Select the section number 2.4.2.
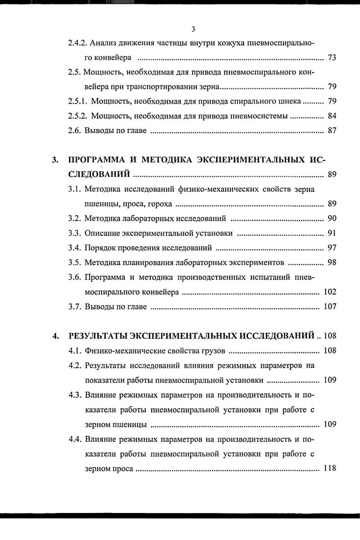click(x=78, y=43)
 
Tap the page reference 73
click(x=332, y=58)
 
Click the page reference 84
click(x=332, y=117)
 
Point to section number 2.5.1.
click(x=78, y=102)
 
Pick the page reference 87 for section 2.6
click(x=332, y=131)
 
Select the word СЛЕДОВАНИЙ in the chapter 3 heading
click(x=100, y=174)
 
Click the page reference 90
click(x=332, y=218)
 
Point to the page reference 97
click(x=332, y=247)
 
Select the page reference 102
click(x=330, y=292)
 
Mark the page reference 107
click(x=330, y=307)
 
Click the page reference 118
click(x=330, y=468)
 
